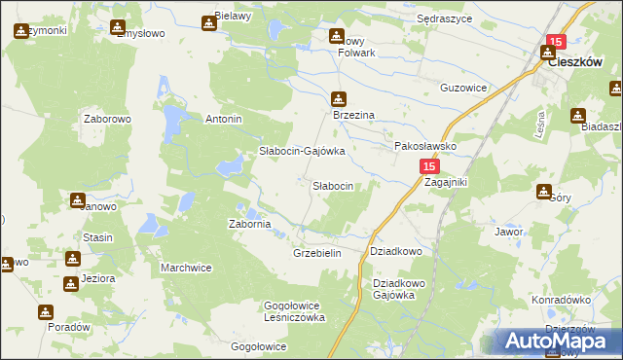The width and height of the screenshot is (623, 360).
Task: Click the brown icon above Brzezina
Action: (338, 98)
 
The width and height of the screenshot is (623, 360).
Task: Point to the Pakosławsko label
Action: (424, 146)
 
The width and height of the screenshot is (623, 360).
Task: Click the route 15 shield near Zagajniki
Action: (431, 167)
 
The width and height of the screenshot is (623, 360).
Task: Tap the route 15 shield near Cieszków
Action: (555, 42)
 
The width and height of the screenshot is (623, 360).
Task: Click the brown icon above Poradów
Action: (46, 312)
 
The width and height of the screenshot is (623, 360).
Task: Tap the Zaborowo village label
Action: (107, 119)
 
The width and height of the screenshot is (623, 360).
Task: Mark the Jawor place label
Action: (509, 233)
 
